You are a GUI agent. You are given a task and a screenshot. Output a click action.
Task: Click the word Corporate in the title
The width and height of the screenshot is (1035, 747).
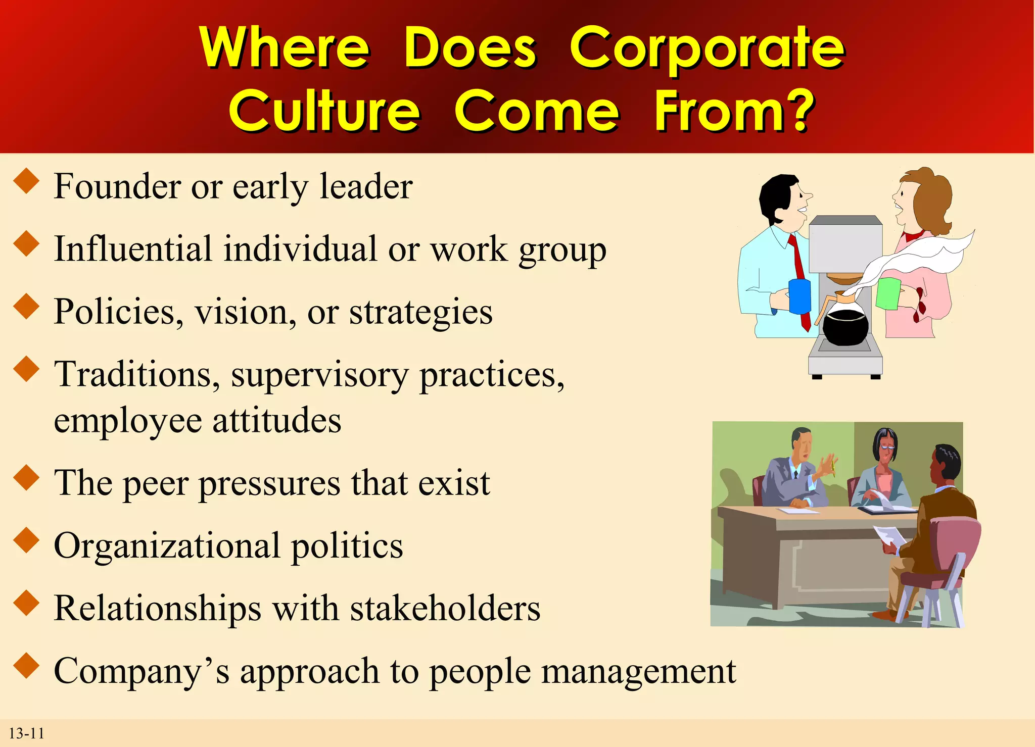(707, 48)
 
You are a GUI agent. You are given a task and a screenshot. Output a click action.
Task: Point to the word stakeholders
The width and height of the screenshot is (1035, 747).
(445, 609)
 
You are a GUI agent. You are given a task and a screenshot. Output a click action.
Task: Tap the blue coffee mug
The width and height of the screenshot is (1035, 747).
(799, 296)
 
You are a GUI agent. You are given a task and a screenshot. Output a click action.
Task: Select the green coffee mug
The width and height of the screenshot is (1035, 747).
(888, 293)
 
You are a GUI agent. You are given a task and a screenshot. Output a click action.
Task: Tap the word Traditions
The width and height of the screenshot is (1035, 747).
(136, 375)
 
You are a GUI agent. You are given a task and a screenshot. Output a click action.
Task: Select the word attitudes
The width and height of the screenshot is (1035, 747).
(276, 421)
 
